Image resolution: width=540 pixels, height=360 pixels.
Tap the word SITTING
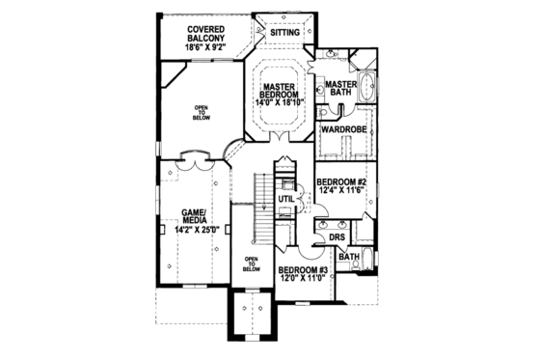pos(285,32)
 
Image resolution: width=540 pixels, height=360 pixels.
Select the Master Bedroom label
pos(280,90)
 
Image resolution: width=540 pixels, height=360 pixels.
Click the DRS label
pos(337,236)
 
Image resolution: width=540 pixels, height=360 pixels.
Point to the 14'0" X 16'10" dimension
pos(280,100)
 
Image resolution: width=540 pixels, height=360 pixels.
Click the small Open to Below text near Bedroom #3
pos(252,264)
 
